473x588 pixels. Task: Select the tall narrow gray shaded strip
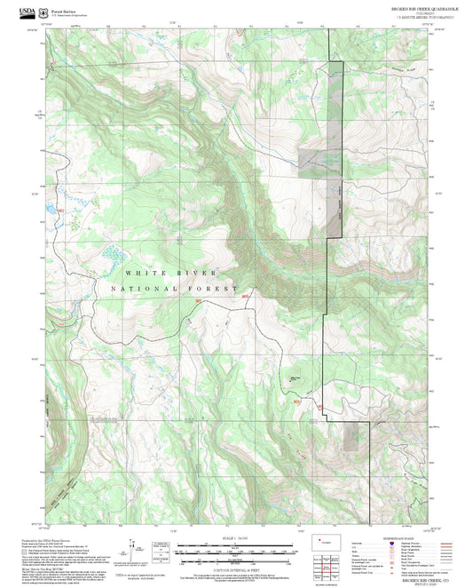pyautogui.click(x=336, y=147)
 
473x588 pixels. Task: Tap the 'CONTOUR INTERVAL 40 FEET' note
pyautogui.click(x=235, y=567)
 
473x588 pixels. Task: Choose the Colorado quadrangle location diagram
pyautogui.click(x=325, y=541)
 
